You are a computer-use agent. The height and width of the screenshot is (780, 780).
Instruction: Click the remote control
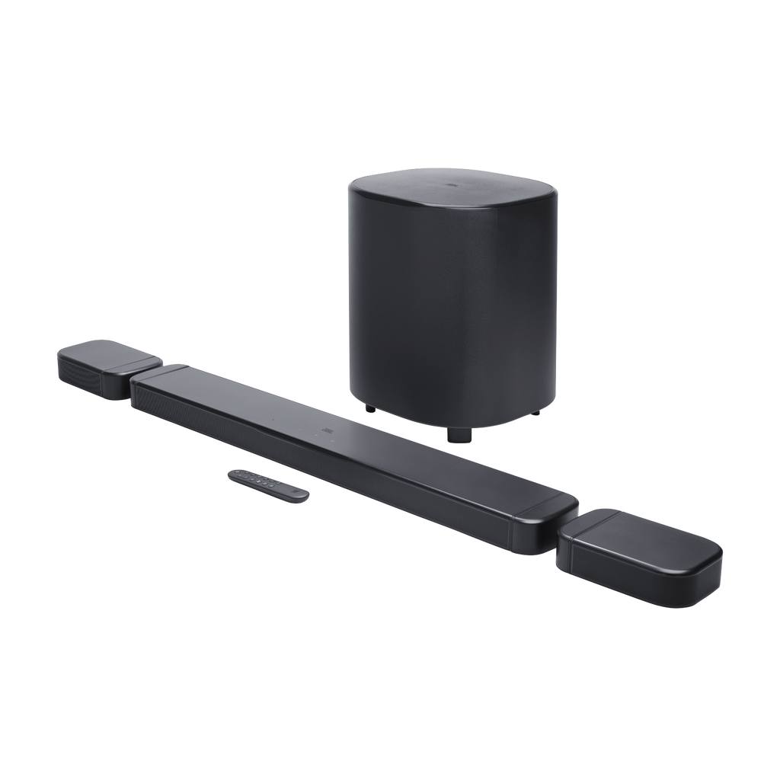(268, 485)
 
